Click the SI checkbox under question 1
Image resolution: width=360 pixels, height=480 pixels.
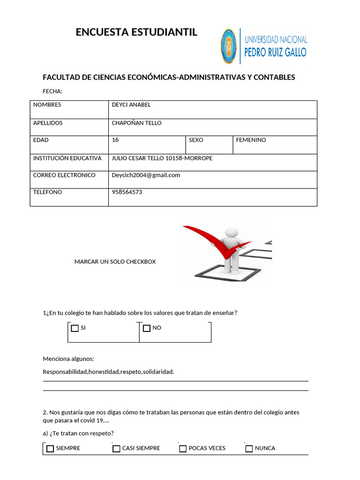point(75,328)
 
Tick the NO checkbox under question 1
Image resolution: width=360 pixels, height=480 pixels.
point(147,328)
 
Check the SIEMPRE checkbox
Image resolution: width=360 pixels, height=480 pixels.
point(50,449)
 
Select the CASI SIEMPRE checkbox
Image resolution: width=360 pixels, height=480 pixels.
point(117,449)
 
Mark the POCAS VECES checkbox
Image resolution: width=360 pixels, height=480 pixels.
point(183,449)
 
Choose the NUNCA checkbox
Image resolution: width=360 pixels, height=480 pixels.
point(249,449)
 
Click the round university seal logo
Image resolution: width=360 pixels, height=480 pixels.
point(229,46)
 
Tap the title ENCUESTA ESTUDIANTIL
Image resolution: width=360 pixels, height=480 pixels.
point(136,32)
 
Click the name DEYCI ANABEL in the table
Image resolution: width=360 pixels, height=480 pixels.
point(131,105)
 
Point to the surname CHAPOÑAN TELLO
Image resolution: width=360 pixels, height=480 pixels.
point(136,123)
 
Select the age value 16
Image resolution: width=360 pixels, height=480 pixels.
point(115,140)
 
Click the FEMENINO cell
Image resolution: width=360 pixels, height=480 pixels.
point(251,140)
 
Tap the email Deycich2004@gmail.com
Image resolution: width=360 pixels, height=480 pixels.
point(146,175)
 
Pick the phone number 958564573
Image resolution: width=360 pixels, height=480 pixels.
point(127,192)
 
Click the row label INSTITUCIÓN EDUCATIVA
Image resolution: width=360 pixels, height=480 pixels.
point(67,158)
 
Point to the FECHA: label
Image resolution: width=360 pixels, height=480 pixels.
point(52,91)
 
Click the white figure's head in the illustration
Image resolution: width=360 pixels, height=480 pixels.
point(232,232)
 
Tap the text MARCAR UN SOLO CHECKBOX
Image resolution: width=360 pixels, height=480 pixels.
point(115,262)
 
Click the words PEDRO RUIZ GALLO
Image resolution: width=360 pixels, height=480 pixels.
point(276,52)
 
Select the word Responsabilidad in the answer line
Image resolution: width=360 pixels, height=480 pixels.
point(65,372)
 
